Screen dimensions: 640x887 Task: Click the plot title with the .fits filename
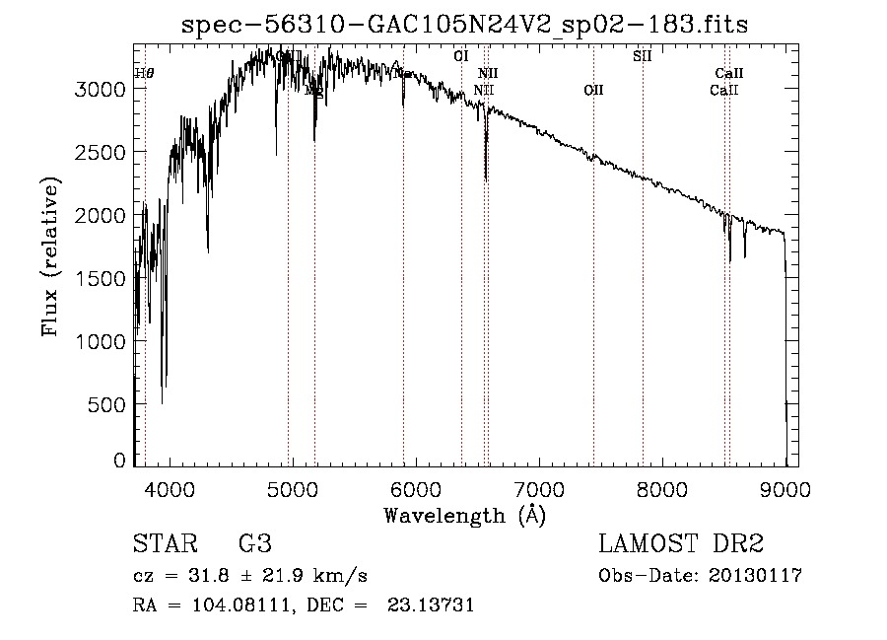coord(465,26)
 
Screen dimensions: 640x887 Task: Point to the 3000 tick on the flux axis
coord(103,89)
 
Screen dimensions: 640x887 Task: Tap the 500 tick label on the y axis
coord(109,404)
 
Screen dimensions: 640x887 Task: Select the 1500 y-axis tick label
coord(103,278)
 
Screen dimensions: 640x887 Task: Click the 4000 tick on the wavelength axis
coord(170,488)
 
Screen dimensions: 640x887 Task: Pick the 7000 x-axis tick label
coord(540,488)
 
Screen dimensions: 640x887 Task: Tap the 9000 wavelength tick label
coord(786,488)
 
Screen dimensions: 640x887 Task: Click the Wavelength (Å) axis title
coord(464,514)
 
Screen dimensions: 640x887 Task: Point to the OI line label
coord(460,56)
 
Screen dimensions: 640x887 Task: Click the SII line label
coord(642,56)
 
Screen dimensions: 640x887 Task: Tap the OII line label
coord(593,91)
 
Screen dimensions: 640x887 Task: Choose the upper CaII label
coord(729,74)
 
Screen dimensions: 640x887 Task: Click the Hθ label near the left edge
coord(144,73)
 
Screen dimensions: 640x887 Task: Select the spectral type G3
coord(254,545)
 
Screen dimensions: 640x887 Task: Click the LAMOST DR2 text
coord(681,545)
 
